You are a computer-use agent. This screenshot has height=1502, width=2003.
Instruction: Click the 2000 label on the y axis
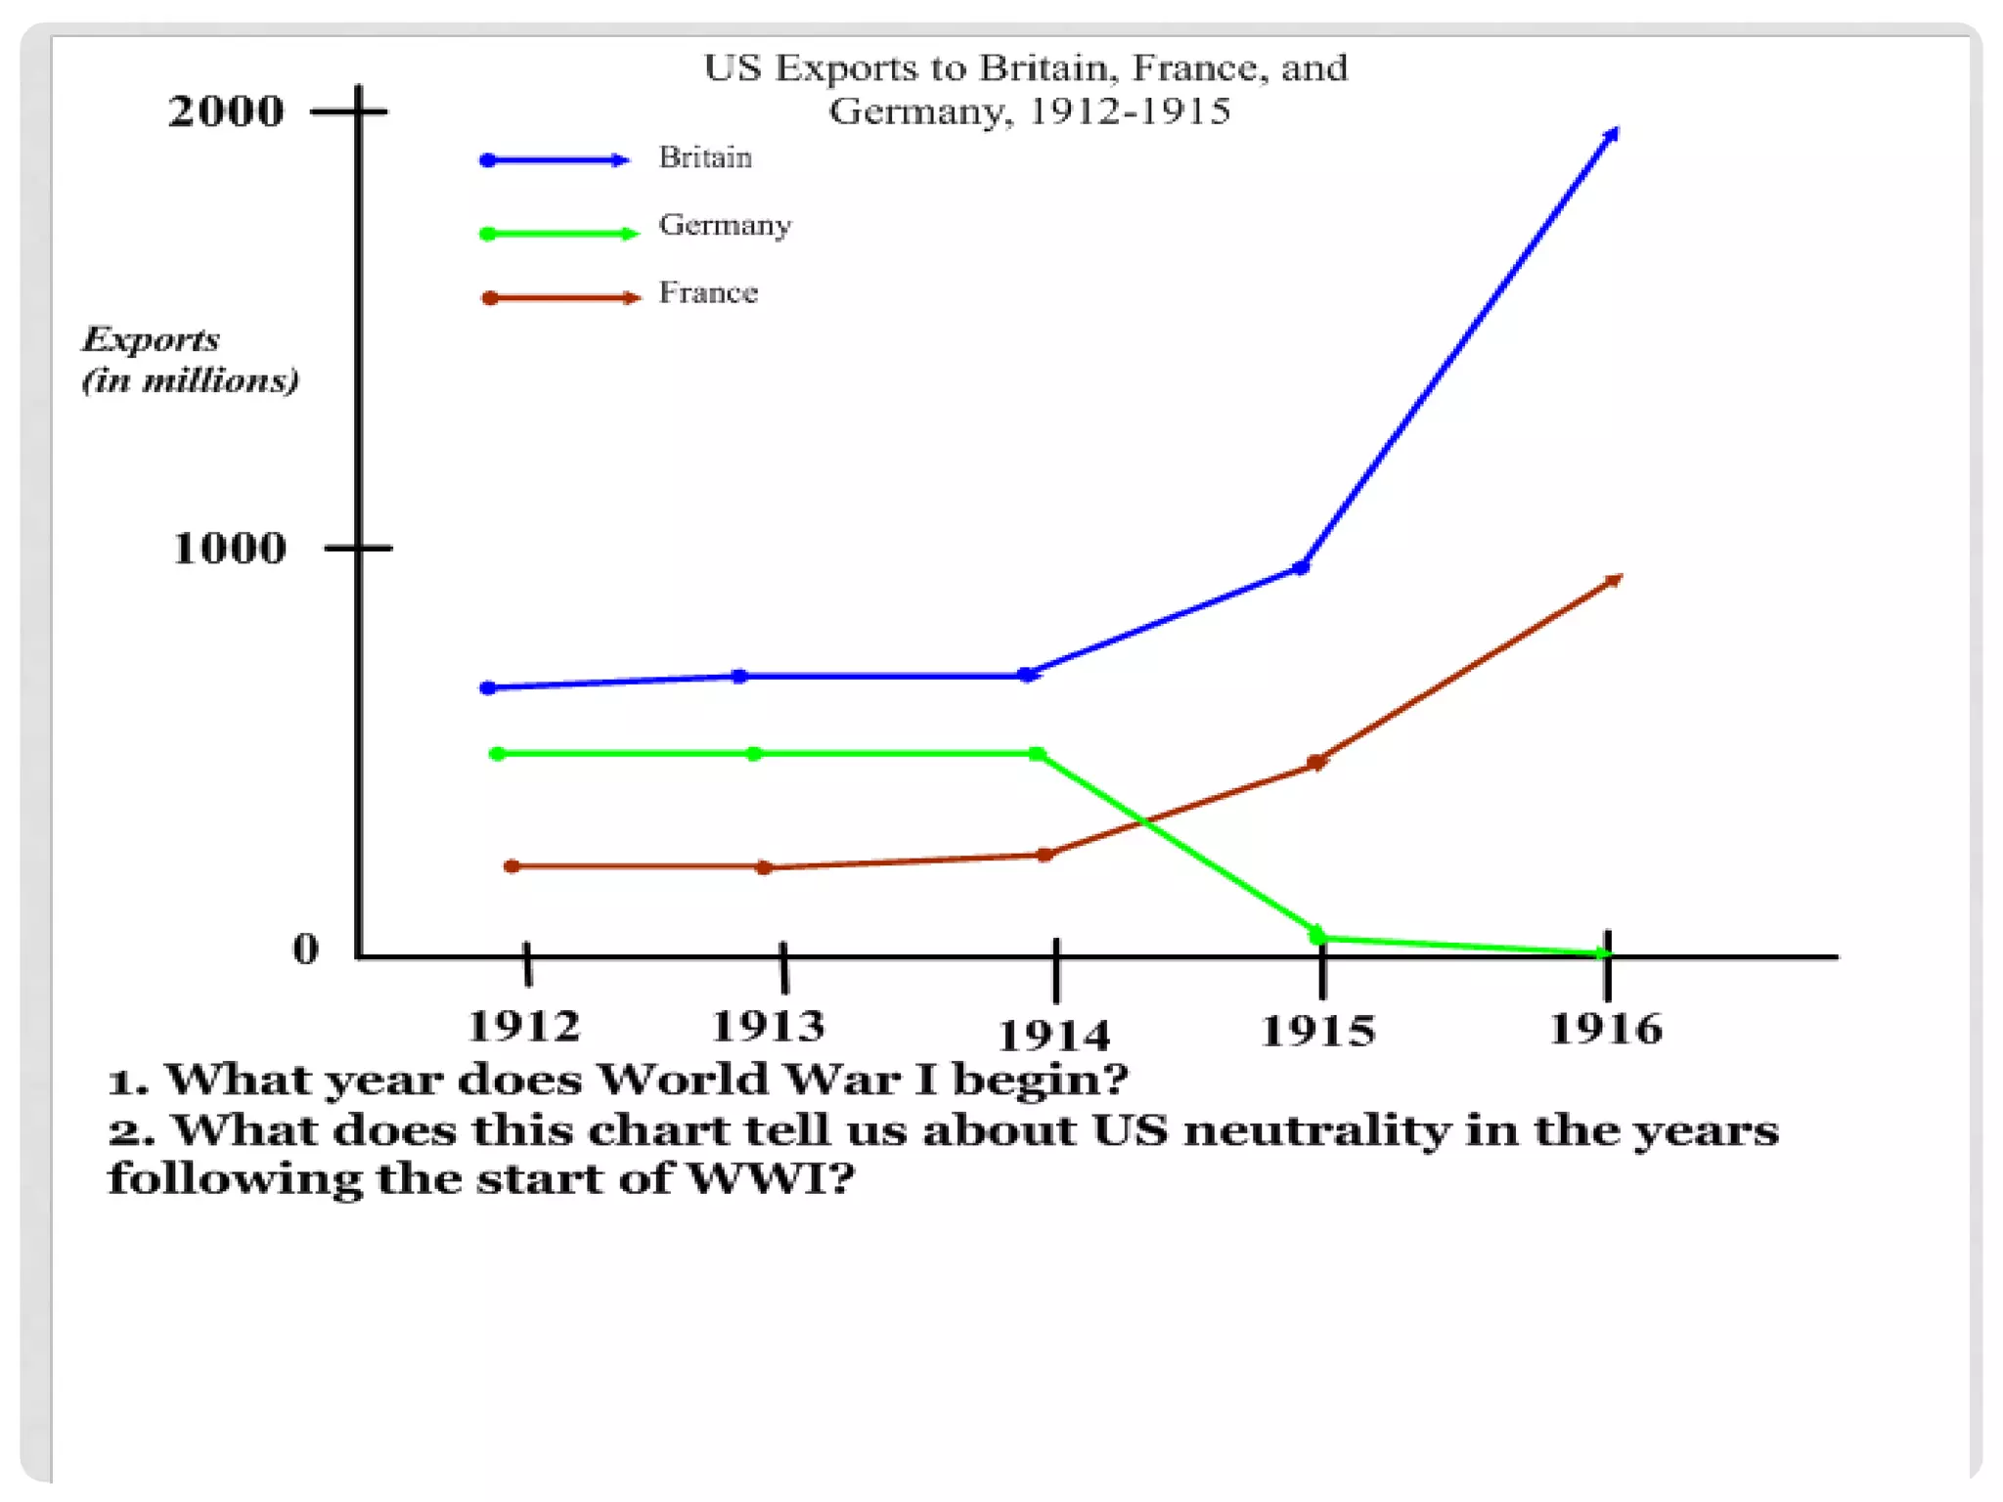coord(226,111)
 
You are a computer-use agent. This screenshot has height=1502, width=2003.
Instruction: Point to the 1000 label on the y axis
coord(230,548)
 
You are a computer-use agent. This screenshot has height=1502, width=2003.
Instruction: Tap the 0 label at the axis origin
coord(305,949)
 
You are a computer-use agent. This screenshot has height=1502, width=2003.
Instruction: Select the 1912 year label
coord(524,1026)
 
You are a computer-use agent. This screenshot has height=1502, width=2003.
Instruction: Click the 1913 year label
coord(768,1026)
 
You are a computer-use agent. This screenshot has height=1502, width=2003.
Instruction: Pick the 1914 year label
coord(1053,1035)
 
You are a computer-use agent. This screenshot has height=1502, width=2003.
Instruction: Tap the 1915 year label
coord(1317,1031)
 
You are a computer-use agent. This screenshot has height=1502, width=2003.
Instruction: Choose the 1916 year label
coord(1606,1029)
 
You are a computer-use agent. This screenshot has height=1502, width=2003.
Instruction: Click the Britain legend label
coord(705,157)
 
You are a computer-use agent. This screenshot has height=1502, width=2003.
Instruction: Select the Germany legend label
coord(725,225)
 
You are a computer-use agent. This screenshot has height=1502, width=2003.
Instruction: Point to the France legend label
coord(708,292)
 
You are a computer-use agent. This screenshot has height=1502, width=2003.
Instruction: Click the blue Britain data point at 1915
coord(1301,567)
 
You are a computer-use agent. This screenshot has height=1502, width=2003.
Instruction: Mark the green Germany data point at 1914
coord(1038,754)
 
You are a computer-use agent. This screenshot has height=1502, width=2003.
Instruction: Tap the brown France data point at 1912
coord(512,866)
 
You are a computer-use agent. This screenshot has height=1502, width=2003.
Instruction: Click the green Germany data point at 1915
coord(1317,937)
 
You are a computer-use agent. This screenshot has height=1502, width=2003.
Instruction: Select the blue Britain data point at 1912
coord(488,688)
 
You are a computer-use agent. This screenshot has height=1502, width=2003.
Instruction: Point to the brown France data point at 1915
coord(1317,762)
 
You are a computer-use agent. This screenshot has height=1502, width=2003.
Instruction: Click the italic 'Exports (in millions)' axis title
coord(189,359)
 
